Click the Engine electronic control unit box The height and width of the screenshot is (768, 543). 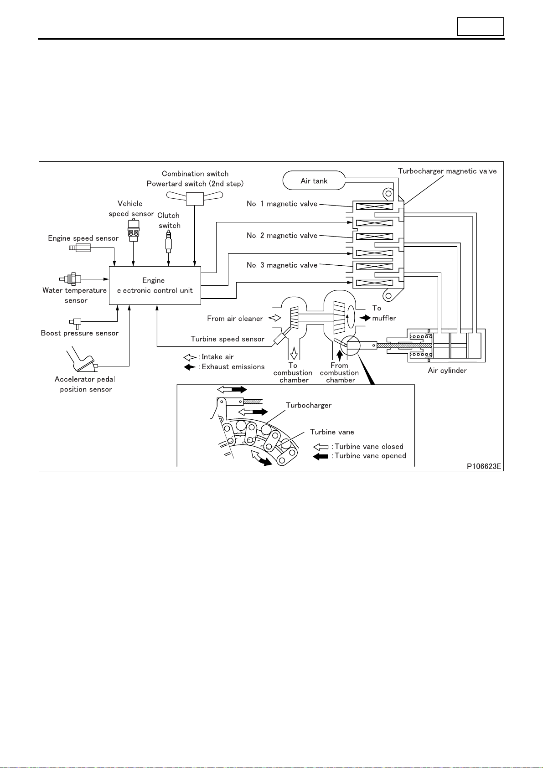pos(155,285)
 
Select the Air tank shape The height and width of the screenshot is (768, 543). pos(314,180)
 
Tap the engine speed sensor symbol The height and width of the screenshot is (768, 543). pos(80,247)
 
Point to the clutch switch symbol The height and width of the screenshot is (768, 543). pos(168,241)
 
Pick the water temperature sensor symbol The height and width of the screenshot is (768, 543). pos(70,279)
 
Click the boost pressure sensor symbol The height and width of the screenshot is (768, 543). pos(76,323)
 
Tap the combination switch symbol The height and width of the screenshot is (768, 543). pos(195,198)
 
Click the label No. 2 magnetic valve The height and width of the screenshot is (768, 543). pos(282,236)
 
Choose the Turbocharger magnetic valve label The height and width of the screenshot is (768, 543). pos(447,171)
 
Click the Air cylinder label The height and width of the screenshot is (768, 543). pos(447,371)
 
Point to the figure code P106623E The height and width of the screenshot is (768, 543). pos(484,466)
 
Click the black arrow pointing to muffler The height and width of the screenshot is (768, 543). pos(365,318)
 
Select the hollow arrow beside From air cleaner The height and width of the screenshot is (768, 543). pos(274,318)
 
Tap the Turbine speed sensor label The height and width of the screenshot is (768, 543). pos(228,339)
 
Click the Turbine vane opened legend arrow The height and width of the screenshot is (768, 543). pos(321,456)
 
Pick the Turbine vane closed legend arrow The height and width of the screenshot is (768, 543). pos(321,447)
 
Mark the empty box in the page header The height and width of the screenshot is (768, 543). pos(480,27)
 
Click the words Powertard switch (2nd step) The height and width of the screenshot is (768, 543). pos(195,184)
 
